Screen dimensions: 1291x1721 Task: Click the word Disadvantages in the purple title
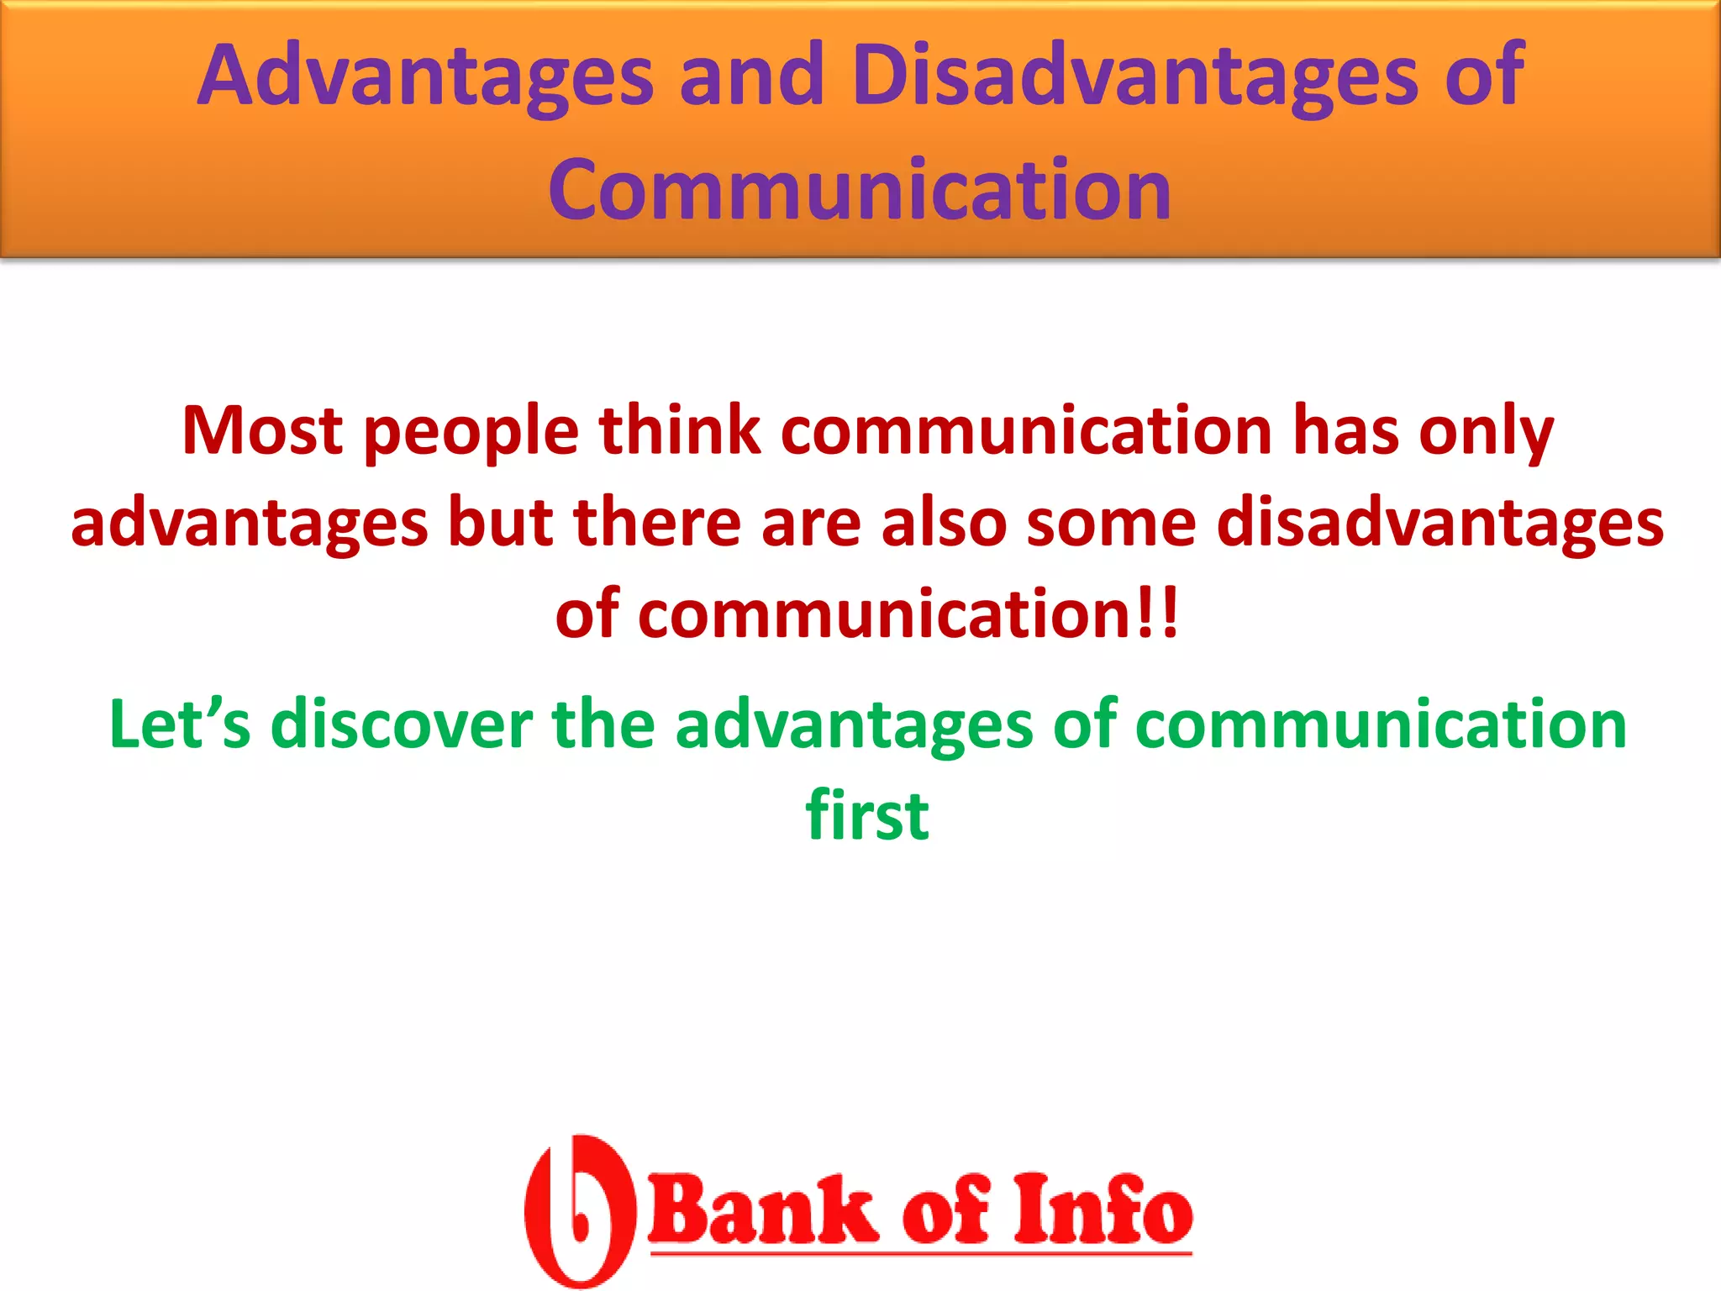[x=1134, y=77]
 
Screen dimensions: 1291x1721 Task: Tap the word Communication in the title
[x=860, y=192]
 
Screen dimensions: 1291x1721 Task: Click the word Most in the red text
[x=262, y=430]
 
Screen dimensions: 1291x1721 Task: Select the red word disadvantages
[x=1439, y=524]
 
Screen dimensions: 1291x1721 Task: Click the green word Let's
[x=180, y=725]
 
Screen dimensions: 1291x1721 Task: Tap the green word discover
[x=402, y=725]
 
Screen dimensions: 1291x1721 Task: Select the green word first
[x=866, y=815]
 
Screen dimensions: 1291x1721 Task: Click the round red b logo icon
[x=578, y=1210]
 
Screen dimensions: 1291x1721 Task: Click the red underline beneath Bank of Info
[x=921, y=1253]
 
